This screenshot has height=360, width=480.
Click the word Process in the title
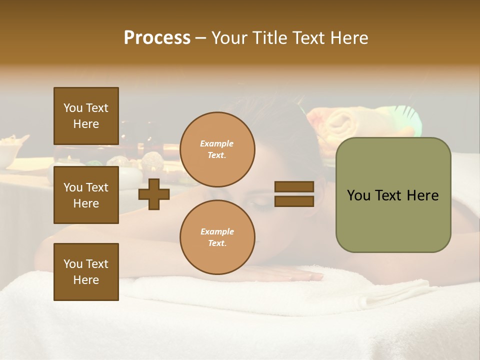(157, 38)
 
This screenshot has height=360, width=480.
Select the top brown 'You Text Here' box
(86, 116)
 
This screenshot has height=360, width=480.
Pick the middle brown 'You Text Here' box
(86, 195)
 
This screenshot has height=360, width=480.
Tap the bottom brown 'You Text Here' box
(86, 271)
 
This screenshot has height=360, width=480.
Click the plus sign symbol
(154, 194)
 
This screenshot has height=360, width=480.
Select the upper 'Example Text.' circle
(217, 149)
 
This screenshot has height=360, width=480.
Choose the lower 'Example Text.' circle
(217, 237)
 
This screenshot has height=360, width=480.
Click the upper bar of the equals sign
(294, 186)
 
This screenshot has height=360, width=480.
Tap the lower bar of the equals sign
(294, 201)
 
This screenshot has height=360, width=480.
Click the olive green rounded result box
(393, 195)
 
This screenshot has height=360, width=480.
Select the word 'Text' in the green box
(389, 195)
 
